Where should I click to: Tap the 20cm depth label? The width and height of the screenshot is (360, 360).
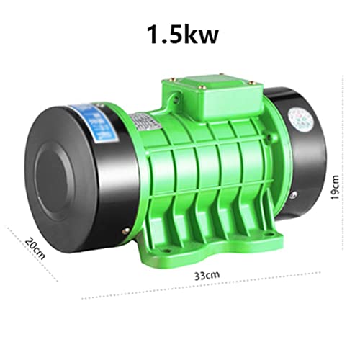click(x=32, y=249)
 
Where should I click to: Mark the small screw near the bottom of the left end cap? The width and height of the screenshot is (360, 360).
click(x=126, y=231)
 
